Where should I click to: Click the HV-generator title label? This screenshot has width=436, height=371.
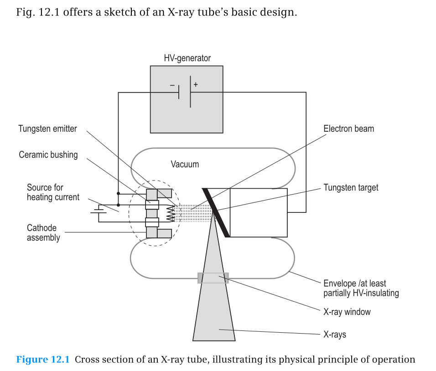[187, 58]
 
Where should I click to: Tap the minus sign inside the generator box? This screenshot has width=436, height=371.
[172, 85]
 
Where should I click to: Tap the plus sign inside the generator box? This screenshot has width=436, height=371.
[196, 84]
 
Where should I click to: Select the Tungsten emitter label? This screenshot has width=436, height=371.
[47, 129]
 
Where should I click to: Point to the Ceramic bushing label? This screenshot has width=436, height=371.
[48, 155]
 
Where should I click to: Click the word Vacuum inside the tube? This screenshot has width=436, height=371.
[185, 164]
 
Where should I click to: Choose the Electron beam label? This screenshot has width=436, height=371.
[348, 129]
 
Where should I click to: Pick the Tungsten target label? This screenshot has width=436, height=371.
[351, 188]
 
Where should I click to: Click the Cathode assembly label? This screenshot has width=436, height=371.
[43, 232]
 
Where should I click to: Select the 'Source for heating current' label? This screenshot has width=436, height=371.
[53, 192]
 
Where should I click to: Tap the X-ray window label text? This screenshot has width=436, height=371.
[347, 312]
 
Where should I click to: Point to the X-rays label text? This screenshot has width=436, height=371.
[335, 335]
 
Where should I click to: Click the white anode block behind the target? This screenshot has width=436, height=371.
[258, 212]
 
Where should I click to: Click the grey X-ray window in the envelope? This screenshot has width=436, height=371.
[213, 278]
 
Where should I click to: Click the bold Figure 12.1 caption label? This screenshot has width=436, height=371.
[43, 360]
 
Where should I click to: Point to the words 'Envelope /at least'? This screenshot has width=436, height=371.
[354, 283]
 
